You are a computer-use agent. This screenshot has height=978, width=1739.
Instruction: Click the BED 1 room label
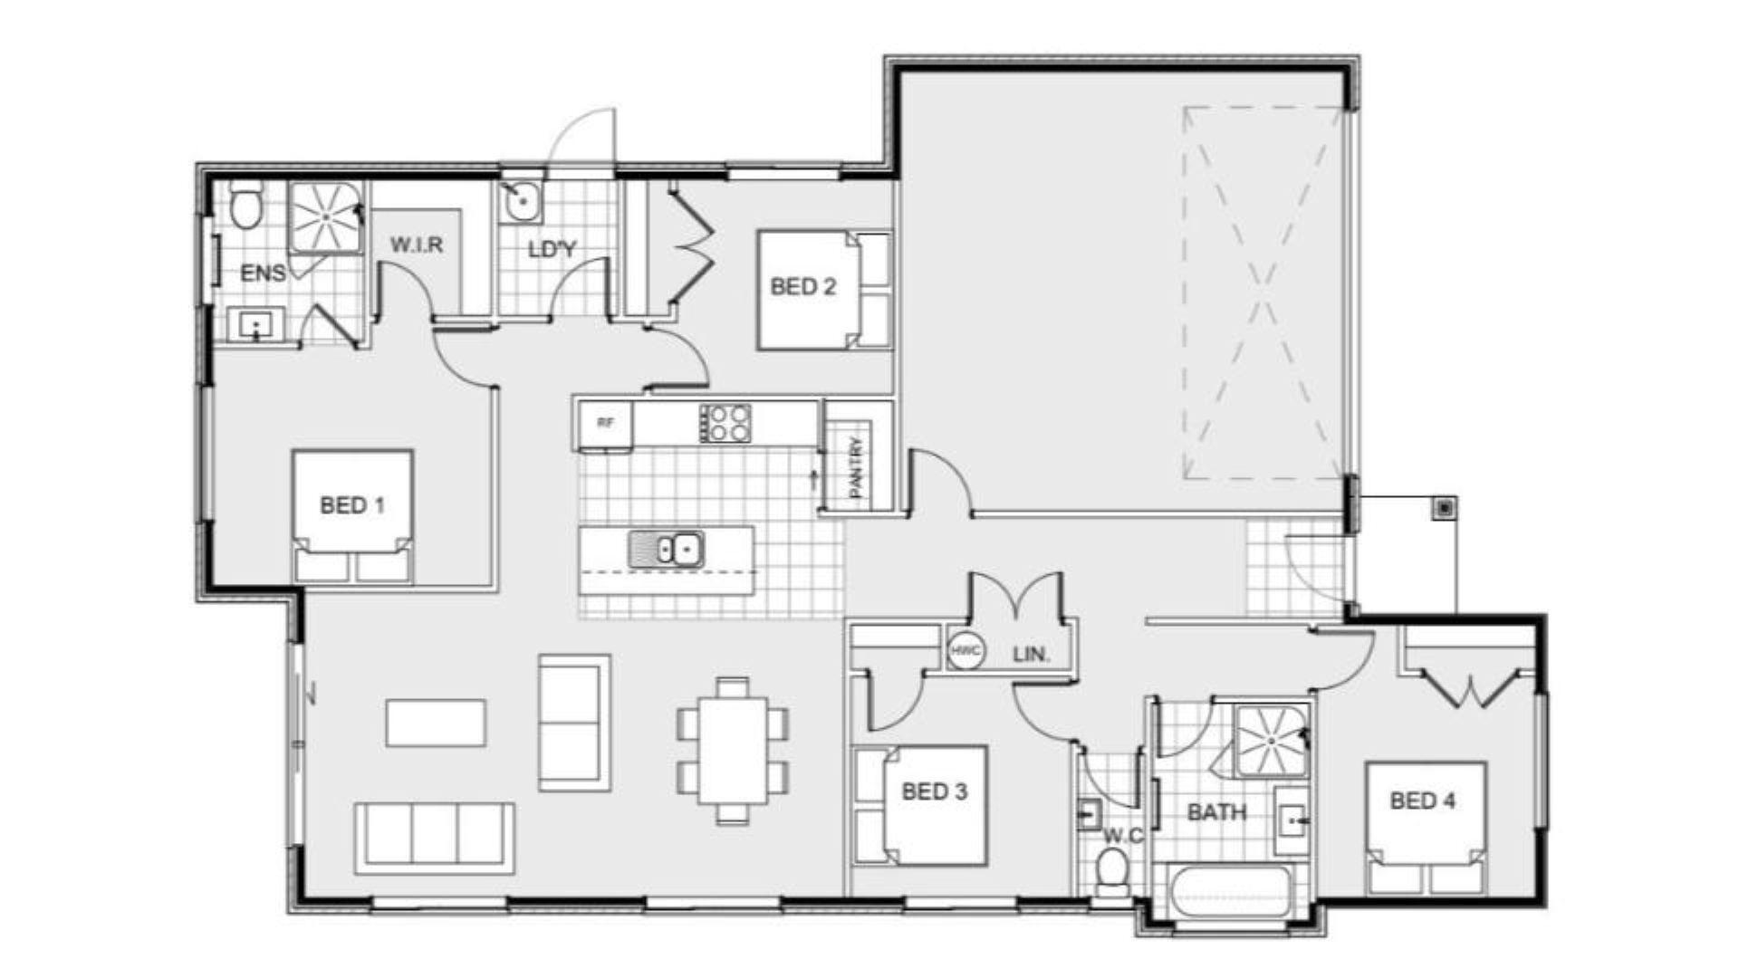point(352,505)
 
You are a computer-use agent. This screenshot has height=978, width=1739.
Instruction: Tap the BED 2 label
point(803,287)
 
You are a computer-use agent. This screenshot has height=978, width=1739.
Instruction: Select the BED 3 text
point(935,792)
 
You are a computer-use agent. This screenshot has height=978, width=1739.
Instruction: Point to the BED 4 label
point(1423,801)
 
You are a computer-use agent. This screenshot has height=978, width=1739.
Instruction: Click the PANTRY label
point(857,467)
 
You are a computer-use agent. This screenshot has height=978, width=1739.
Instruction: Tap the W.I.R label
point(417,245)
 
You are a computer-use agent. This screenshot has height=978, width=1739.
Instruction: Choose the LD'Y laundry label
point(552,249)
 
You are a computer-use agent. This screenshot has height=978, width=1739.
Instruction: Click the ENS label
point(263,273)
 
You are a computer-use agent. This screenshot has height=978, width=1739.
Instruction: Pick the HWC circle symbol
point(966,651)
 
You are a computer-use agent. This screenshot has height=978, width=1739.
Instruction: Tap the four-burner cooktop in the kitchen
point(725,423)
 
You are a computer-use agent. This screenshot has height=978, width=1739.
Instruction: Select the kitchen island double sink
point(666,550)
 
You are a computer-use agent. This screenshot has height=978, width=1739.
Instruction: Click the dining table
point(733,751)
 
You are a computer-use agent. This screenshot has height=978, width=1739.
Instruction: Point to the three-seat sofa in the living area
point(435,838)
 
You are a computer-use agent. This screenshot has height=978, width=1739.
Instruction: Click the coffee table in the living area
point(436,723)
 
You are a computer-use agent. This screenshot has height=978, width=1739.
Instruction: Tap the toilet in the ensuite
point(245,204)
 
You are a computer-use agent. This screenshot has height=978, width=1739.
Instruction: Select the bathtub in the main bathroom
point(1229,892)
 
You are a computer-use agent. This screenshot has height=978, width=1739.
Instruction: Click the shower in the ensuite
point(324,218)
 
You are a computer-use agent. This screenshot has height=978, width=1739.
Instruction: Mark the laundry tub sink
point(522,201)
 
